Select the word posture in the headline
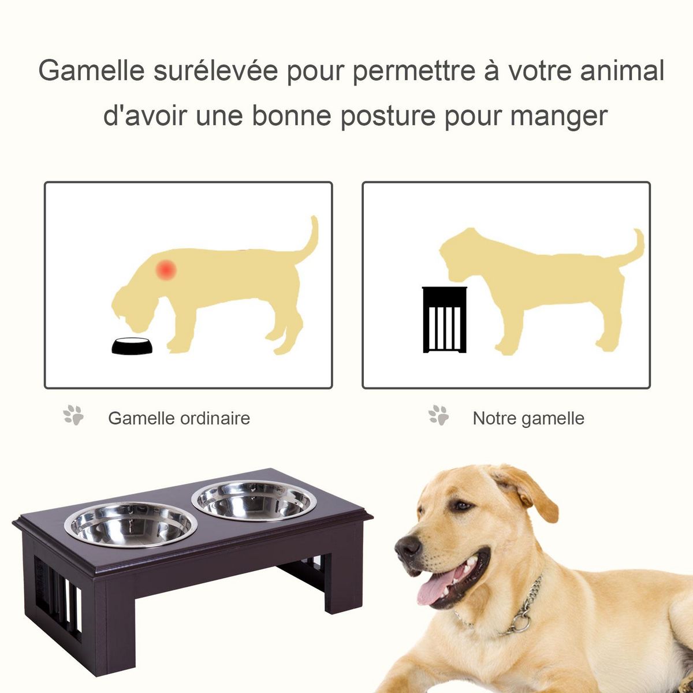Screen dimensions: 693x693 pyautogui.click(x=388, y=116)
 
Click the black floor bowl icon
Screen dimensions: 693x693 pyautogui.click(x=132, y=345)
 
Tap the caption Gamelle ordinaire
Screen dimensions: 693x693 pyautogui.click(x=179, y=418)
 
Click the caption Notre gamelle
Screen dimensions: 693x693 pyautogui.click(x=528, y=418)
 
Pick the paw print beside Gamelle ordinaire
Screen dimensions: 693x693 pyautogui.click(x=73, y=415)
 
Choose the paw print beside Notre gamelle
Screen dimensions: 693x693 pyautogui.click(x=439, y=415)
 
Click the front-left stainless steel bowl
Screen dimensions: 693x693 pyautogui.click(x=131, y=524)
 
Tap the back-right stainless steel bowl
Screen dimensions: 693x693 pyautogui.click(x=254, y=500)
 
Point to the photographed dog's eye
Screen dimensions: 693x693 pyautogui.click(x=461, y=506)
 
